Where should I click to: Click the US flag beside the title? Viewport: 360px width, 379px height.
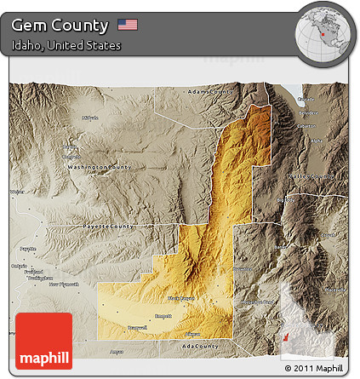(x=128, y=25)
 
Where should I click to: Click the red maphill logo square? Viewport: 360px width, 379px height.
(x=43, y=342)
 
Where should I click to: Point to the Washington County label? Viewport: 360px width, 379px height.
(x=100, y=167)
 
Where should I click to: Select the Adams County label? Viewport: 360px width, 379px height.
(x=209, y=91)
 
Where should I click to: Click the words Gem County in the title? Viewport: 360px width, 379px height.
(x=60, y=25)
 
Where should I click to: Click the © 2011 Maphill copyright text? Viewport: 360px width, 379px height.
(x=314, y=368)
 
